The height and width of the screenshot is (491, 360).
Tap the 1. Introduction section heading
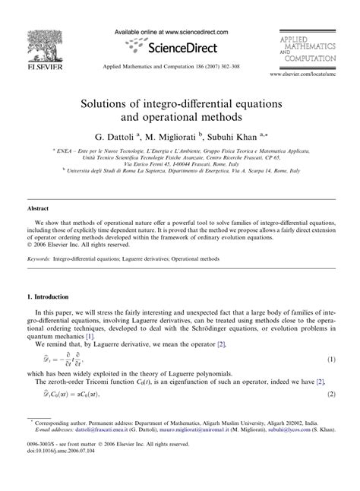point(56,296)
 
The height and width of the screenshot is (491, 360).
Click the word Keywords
point(39,259)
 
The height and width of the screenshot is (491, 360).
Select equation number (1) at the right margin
point(331,357)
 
